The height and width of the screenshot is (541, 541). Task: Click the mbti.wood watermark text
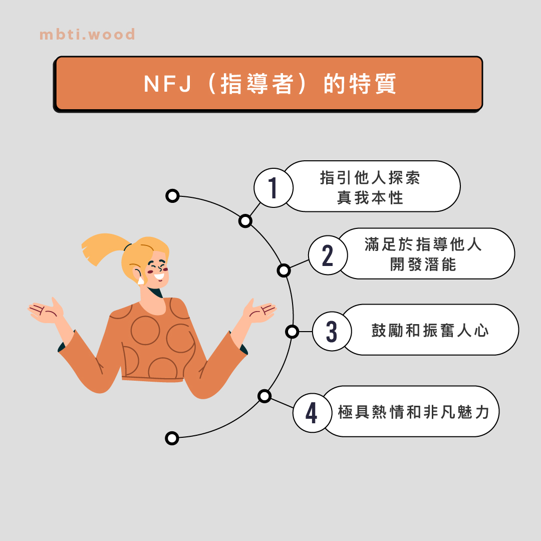[87, 35]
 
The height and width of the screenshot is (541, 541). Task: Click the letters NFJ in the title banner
[167, 84]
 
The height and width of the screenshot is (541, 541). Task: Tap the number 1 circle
[274, 188]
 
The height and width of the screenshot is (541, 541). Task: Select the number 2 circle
[328, 255]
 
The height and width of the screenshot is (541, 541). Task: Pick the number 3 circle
[332, 331]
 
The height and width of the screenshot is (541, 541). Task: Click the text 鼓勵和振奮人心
[430, 331]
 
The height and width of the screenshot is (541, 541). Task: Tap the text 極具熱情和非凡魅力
[414, 412]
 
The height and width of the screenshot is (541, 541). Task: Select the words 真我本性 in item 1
[370, 198]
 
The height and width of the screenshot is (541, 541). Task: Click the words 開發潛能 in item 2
[423, 264]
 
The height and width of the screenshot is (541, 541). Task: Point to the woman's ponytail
[102, 248]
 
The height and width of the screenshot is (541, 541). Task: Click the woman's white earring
[141, 281]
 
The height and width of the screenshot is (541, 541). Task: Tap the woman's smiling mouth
[159, 277]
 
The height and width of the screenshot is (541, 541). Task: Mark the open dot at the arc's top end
[172, 196]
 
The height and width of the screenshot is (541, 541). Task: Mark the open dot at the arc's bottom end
[172, 438]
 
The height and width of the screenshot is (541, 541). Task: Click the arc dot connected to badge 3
[292, 332]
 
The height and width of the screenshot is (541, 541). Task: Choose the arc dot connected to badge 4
[264, 396]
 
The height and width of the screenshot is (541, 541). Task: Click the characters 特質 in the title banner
[373, 84]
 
